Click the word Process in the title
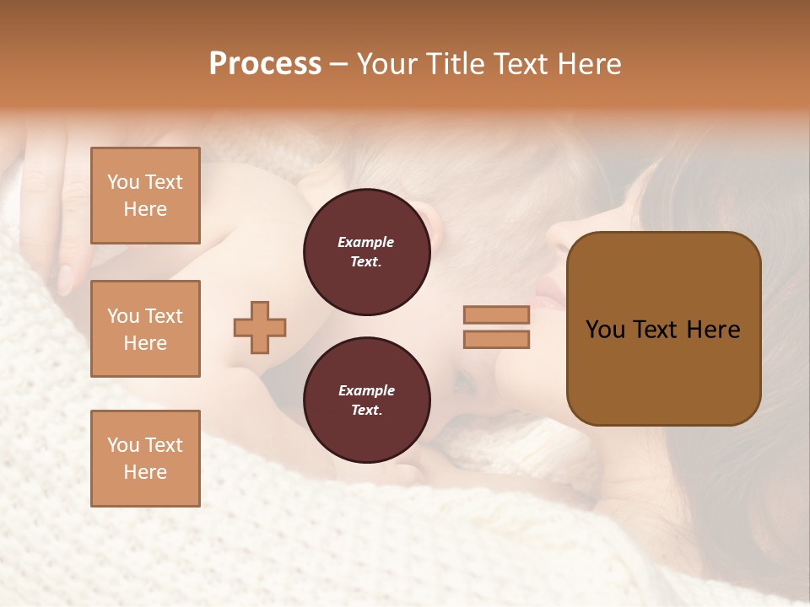tap(265, 64)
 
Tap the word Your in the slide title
tap(386, 64)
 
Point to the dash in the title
tap(338, 65)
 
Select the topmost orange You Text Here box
tap(145, 196)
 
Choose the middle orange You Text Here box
tap(145, 329)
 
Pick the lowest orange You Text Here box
tap(145, 459)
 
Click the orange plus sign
tap(260, 327)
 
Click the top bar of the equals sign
tap(496, 314)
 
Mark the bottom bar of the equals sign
tap(496, 339)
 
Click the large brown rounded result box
tap(663, 371)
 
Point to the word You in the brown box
tap(605, 330)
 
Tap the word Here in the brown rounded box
tap(713, 330)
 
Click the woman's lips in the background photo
tap(546, 294)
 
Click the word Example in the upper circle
tap(366, 242)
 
